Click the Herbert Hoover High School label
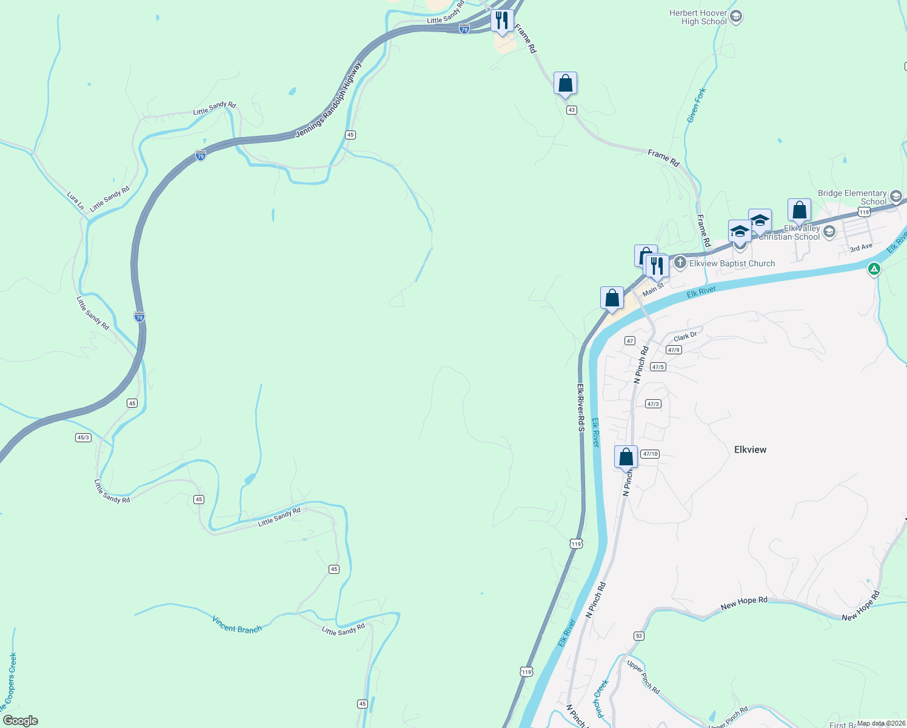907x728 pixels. [x=698, y=17]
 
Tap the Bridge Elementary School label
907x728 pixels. [x=852, y=197]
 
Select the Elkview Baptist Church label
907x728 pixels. [x=732, y=263]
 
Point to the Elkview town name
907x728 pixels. [x=750, y=450]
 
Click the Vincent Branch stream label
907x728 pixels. [x=237, y=625]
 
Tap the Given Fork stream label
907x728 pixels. [x=697, y=106]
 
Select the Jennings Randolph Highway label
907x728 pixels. [x=328, y=100]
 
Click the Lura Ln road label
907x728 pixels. [x=75, y=201]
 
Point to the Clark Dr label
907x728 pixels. [x=685, y=337]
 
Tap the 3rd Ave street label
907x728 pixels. [x=861, y=248]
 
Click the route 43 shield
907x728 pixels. [x=571, y=110]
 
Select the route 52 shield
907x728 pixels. [x=639, y=636]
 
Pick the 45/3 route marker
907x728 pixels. [x=84, y=437]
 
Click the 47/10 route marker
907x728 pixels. [x=650, y=454]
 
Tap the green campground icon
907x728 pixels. [x=874, y=268]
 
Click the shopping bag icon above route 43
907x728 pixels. [x=565, y=83]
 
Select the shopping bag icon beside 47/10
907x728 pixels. [x=626, y=457]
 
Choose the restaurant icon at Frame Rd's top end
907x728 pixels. [x=501, y=21]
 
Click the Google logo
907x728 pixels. [x=21, y=721]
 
